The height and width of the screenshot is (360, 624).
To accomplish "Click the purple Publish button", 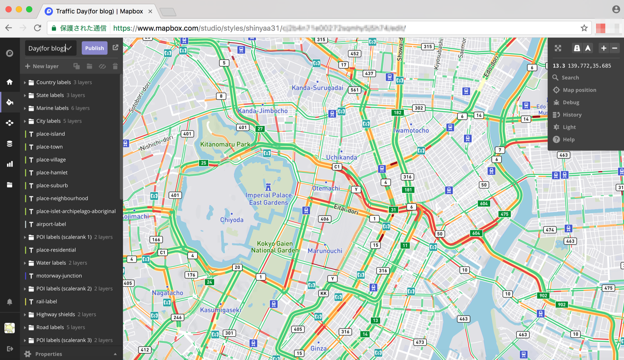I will (94, 48).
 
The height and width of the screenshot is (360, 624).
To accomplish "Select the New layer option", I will (42, 66).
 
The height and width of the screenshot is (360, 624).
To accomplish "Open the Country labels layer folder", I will (53, 82).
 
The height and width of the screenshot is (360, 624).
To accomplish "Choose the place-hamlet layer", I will (52, 172).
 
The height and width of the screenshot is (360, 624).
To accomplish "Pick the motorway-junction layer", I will (59, 276).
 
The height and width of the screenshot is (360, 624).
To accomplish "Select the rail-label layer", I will (46, 301).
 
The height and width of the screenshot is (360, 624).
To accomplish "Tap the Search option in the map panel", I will (570, 78).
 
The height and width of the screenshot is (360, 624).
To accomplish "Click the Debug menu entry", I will (571, 103).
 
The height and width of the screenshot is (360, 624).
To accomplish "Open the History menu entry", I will (572, 115).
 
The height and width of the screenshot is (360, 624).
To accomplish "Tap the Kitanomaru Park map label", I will (225, 144).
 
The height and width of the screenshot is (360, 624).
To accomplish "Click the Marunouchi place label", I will (325, 251).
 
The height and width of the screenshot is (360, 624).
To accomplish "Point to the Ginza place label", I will (318, 348).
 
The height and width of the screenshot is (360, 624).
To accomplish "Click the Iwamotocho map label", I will (411, 131).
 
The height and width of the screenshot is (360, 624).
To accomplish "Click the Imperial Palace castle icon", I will (268, 187).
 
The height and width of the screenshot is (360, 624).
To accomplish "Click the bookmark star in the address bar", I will (584, 28).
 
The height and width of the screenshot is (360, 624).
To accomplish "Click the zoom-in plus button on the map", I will (603, 48).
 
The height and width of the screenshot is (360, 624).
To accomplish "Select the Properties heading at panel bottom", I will (48, 354).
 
